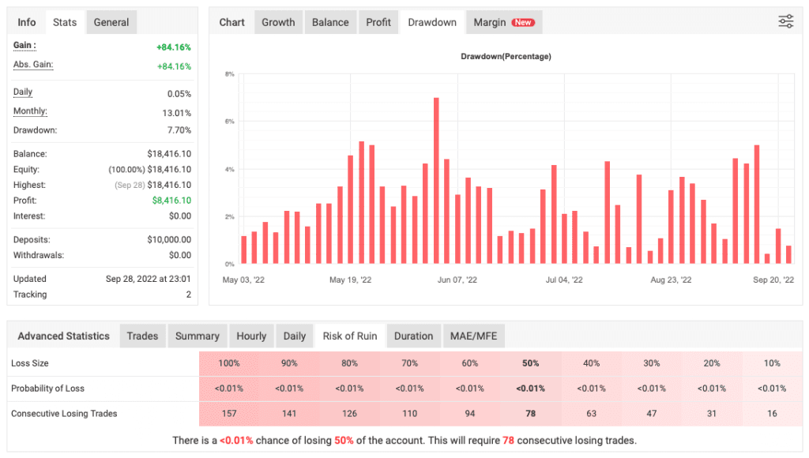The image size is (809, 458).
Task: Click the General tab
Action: (111, 22)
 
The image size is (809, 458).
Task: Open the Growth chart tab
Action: (278, 22)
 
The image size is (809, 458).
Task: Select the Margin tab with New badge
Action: (503, 22)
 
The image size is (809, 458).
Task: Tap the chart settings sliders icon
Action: (785, 22)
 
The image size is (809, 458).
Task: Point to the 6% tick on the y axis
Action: (229, 122)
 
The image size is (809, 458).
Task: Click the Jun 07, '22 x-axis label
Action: (457, 280)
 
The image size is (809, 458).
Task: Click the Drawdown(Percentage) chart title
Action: (506, 56)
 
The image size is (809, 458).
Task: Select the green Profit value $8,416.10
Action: (171, 201)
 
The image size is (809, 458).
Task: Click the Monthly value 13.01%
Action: (176, 113)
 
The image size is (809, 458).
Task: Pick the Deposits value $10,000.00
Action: (169, 239)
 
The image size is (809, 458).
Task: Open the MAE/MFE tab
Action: (473, 336)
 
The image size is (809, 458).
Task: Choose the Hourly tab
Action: (251, 336)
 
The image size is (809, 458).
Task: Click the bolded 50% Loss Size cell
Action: (530, 363)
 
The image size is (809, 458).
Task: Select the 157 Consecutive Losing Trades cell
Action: (229, 413)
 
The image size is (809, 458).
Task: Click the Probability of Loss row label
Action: (47, 388)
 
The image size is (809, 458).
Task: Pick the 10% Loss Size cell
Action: (772, 363)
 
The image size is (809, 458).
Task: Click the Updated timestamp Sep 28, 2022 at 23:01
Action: (149, 279)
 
